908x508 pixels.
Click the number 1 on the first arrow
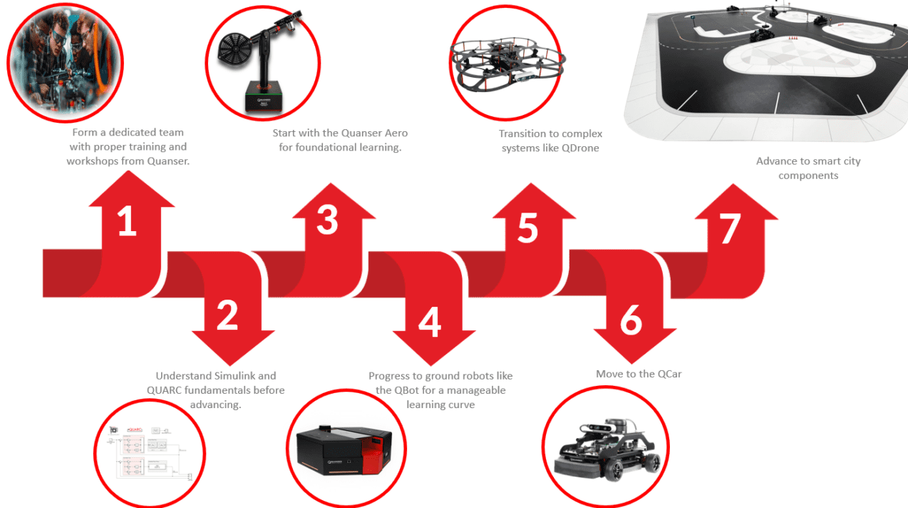point(128,220)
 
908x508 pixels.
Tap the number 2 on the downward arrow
point(227,315)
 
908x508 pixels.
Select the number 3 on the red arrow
point(327,220)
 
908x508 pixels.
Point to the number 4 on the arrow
point(430,322)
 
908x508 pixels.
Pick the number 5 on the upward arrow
point(528,228)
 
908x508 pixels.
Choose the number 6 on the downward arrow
point(631,320)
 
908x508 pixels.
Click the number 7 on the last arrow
point(730,228)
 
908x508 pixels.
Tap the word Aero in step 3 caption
point(396,133)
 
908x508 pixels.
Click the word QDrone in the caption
point(580,148)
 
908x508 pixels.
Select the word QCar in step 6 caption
point(669,374)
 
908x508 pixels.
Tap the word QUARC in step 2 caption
point(164,390)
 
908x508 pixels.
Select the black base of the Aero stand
point(264,96)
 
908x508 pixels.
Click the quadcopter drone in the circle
point(507,65)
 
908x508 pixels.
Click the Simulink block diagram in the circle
point(149,452)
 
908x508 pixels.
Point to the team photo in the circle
point(66,63)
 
